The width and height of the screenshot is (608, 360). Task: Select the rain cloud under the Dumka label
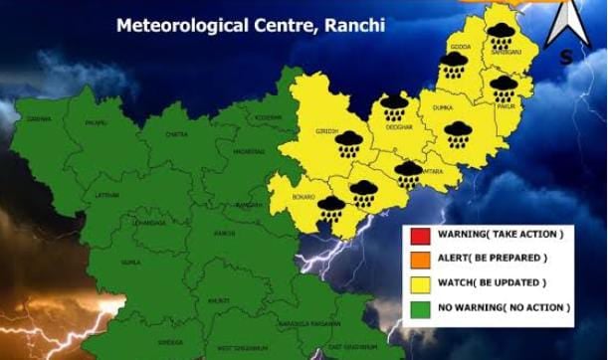pos(457,133)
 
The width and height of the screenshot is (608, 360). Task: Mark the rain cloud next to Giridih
pos(347,146)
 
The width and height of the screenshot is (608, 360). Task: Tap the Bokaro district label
pos(303,198)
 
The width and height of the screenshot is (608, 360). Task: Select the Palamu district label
pos(97,123)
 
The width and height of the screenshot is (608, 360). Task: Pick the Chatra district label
pos(176,134)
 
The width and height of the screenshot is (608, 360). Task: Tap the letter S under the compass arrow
pos(566,58)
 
